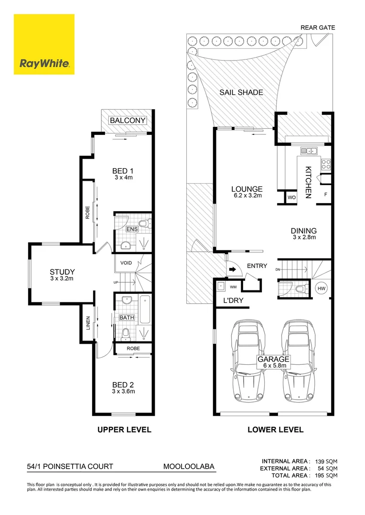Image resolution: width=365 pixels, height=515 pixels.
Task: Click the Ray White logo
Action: tap(44, 44)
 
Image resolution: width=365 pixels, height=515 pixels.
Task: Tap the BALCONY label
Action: tap(128, 121)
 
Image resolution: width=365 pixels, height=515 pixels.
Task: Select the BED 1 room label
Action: tap(123, 171)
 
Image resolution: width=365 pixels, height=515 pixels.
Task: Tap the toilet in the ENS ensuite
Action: tap(144, 224)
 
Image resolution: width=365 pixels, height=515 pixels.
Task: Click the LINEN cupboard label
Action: tap(87, 323)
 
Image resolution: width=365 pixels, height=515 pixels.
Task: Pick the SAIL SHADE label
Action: tap(241, 93)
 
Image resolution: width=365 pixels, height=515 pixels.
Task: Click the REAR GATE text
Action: tap(317, 27)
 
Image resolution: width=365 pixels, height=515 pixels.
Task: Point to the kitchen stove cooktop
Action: tap(326, 165)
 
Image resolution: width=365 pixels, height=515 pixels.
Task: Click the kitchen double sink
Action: tap(309, 151)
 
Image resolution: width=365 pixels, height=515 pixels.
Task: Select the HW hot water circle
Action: tap(321, 288)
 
